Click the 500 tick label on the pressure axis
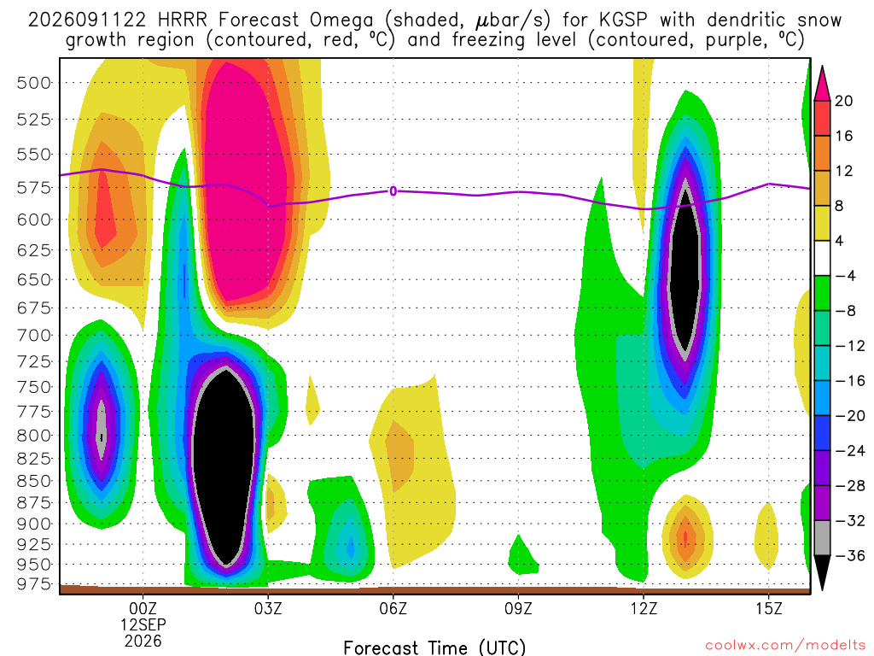coord(33,83)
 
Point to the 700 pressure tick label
coord(33,336)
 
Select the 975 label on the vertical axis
coord(33,584)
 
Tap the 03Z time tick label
coord(268,608)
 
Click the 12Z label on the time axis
coord(644,608)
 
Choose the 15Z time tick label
coord(769,608)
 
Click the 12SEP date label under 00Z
coord(143,624)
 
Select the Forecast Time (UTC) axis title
coord(434,647)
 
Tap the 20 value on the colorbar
coord(844,101)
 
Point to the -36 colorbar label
coord(850,555)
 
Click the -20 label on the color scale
coord(850,416)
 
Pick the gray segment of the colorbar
coord(822,538)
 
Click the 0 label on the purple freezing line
coord(393,191)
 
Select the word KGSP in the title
coord(624,20)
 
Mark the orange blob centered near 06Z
coord(399,456)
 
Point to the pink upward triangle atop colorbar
coord(822,84)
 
